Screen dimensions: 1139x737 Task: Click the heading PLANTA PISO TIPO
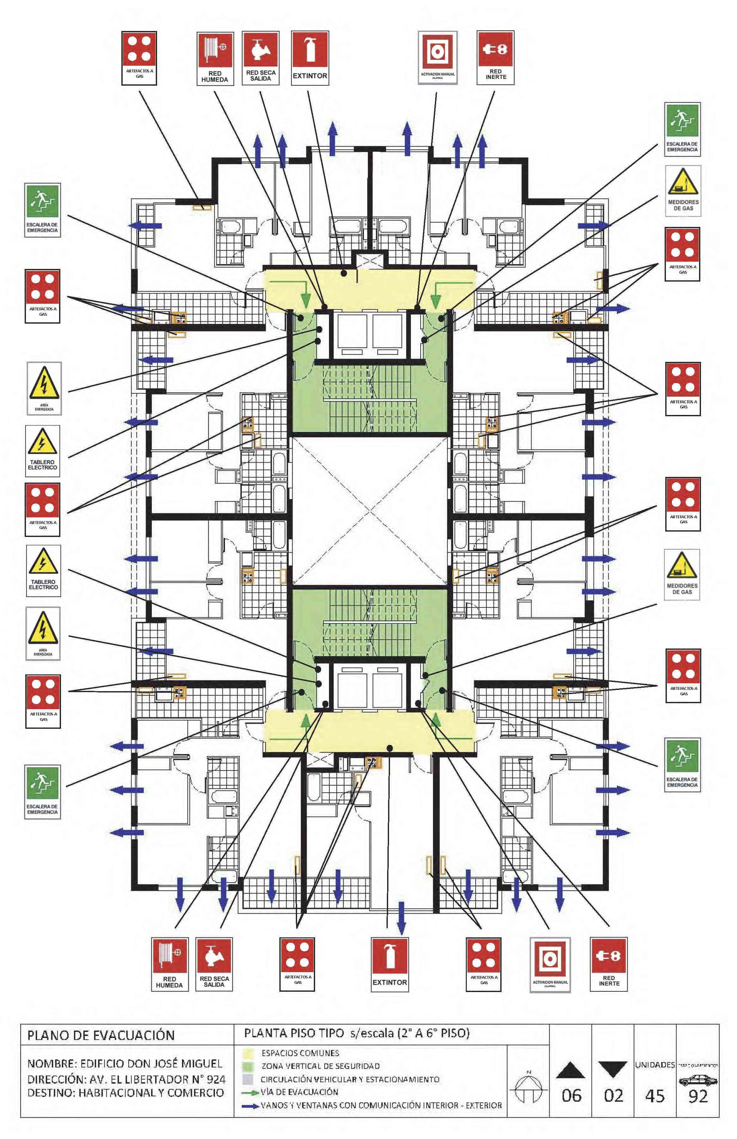click(294, 1033)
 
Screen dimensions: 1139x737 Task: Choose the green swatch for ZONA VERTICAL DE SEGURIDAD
click(247, 1066)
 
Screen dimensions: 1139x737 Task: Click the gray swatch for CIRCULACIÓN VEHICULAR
click(247, 1080)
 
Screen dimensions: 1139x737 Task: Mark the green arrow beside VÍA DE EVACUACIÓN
click(250, 1093)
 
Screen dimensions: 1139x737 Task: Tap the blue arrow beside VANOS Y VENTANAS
click(250, 1106)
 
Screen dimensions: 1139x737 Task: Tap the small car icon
click(698, 1080)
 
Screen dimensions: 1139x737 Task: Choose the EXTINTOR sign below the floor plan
click(390, 964)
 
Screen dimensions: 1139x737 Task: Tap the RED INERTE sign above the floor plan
click(495, 58)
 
